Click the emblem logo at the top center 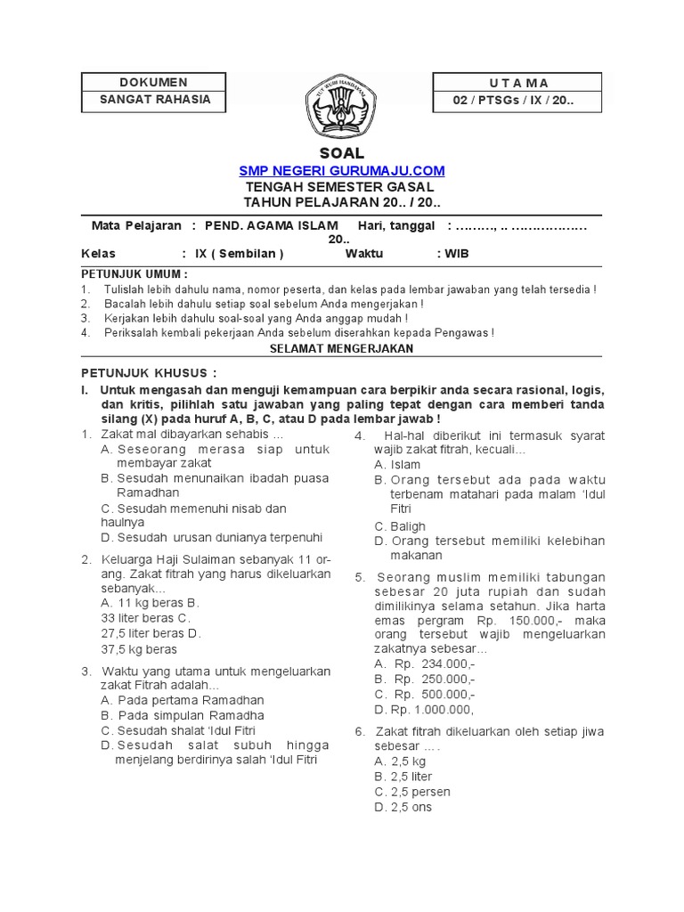(341, 106)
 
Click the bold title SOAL (342, 153)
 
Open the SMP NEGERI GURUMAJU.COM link (342, 171)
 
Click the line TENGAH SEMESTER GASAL (340, 187)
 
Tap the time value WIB (457, 254)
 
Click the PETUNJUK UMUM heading (134, 273)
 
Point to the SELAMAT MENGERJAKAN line (342, 349)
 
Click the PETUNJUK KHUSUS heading (149, 372)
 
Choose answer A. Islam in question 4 (397, 465)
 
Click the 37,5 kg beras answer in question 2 (139, 649)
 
